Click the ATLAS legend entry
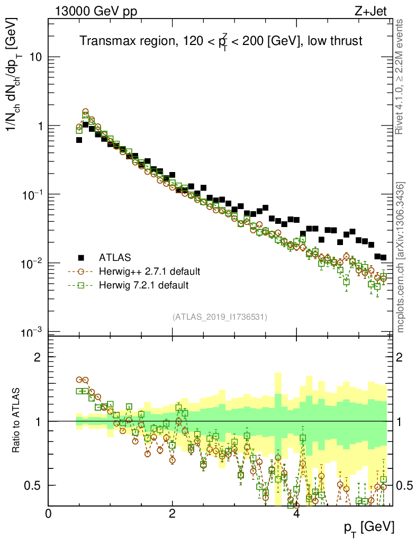pyautogui.click(x=115, y=258)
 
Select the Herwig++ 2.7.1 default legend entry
pyautogui.click(x=149, y=272)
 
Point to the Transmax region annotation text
pyautogui.click(x=221, y=42)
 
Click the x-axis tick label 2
pyautogui.click(x=173, y=514)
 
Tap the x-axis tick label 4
pyautogui.click(x=296, y=514)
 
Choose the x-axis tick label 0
pyautogui.click(x=49, y=514)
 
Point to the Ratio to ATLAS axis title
pyautogui.click(x=17, y=421)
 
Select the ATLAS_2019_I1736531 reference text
pyautogui.click(x=220, y=317)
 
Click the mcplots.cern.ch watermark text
pyautogui.click(x=401, y=257)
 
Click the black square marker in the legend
pyautogui.click(x=81, y=258)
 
